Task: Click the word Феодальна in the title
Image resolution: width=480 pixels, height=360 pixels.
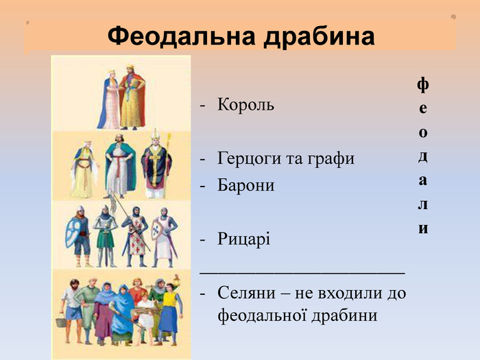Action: pos(181,36)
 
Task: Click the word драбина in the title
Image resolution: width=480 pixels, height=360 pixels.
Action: pos(320,37)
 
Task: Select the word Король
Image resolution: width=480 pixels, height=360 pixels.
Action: pos(245,105)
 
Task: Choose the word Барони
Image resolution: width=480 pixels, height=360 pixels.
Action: pos(245,185)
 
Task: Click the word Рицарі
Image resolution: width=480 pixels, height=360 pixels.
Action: pos(243,239)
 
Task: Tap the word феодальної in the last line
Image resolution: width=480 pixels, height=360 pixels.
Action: pos(262,315)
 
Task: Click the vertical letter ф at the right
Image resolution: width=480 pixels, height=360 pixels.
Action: pos(423,85)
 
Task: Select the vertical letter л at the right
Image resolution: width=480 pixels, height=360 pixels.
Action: pos(423,204)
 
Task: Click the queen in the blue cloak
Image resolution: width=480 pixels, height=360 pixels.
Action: pos(108,99)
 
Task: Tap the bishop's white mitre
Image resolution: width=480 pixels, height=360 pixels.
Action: pos(156,134)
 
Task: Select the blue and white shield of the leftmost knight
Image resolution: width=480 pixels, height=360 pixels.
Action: pos(73,232)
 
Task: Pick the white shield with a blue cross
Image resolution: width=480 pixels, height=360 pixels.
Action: pos(157,230)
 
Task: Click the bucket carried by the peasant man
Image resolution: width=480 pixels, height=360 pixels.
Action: pos(61,322)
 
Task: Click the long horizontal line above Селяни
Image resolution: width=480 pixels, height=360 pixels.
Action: pos(302,272)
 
